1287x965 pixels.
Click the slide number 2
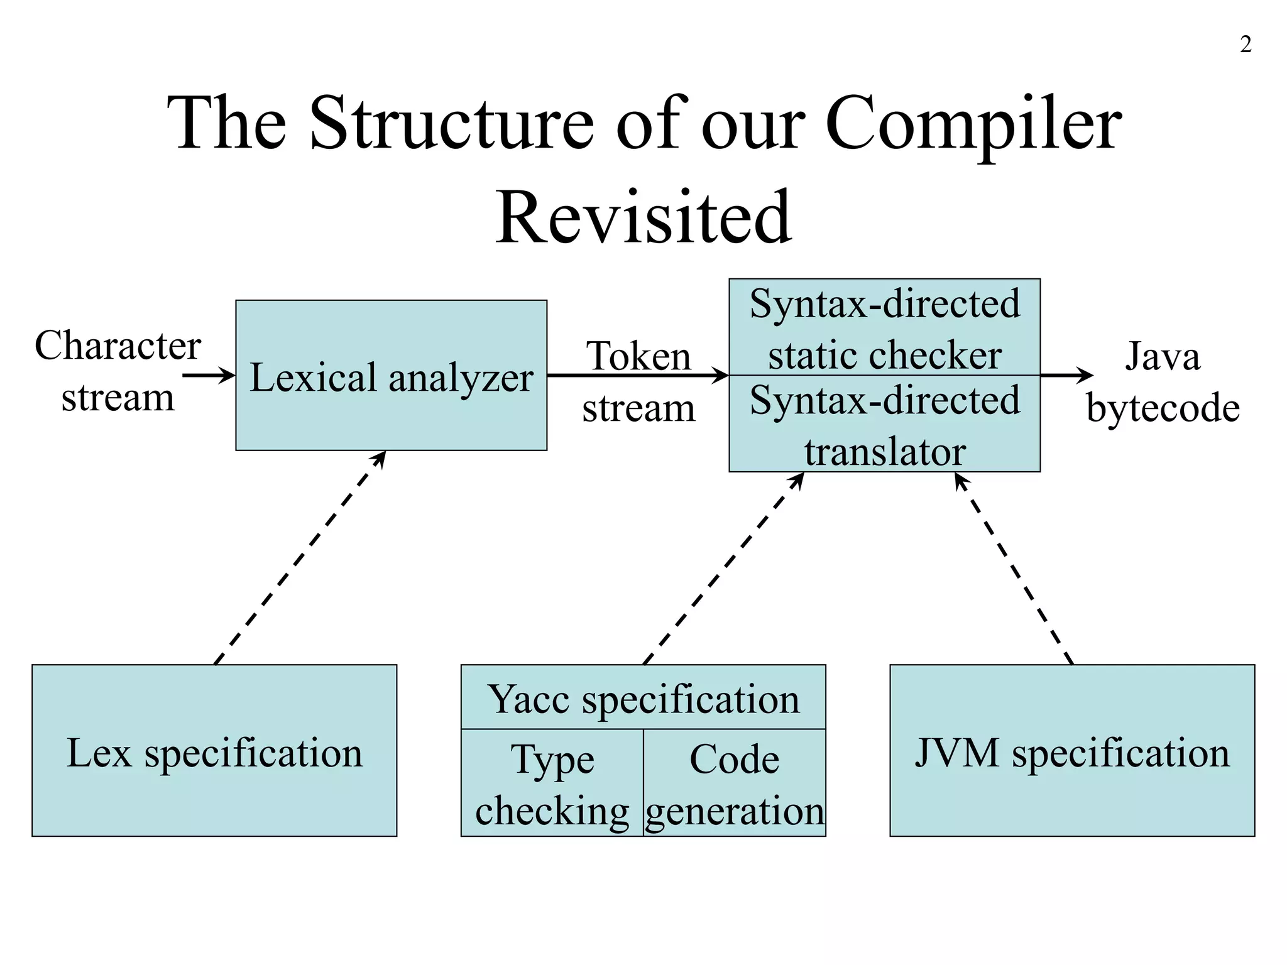pos(1245,45)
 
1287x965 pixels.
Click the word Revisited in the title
pos(643,217)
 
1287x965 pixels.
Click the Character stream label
pos(118,371)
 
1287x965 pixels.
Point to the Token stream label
pos(638,382)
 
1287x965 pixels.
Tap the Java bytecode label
pos(1163,382)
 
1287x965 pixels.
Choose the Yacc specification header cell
pos(643,698)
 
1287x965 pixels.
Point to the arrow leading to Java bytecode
pos(1066,376)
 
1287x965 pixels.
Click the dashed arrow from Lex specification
pos(299,558)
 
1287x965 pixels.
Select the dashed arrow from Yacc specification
pos(723,569)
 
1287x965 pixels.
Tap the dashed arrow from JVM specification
pos(1014,569)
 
